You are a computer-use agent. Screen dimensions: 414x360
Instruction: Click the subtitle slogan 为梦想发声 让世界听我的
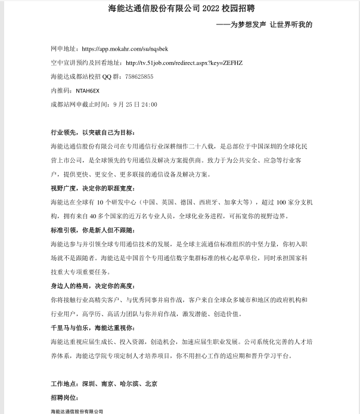click(x=271, y=24)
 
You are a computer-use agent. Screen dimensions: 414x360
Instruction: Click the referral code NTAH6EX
click(x=88, y=91)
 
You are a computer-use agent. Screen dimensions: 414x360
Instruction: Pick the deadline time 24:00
click(x=148, y=104)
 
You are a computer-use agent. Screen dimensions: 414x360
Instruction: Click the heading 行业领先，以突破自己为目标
click(x=94, y=132)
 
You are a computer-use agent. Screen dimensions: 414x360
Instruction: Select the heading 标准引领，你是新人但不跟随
click(x=94, y=230)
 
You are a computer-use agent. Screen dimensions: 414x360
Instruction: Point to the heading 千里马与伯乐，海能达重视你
click(x=94, y=328)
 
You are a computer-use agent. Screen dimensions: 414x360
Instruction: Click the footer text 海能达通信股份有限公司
click(x=77, y=411)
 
